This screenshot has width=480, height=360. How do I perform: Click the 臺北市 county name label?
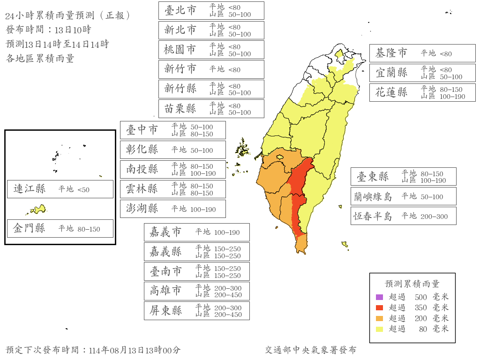point(180,10)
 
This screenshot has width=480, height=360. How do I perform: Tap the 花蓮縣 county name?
point(391,92)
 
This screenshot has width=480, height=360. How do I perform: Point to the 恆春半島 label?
point(373,216)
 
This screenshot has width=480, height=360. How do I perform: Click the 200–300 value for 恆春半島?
point(434,217)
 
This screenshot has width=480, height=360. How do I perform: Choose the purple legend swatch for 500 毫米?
point(380,297)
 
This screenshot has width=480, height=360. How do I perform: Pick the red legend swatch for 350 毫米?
point(380,307)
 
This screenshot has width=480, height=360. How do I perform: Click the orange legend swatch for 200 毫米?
point(380,318)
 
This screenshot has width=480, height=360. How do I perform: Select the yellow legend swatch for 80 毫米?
point(380,329)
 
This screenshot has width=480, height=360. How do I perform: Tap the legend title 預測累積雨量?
point(412,284)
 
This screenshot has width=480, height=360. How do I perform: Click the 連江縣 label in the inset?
point(30,189)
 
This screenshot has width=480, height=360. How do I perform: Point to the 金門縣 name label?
point(30,228)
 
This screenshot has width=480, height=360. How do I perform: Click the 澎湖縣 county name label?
point(142,209)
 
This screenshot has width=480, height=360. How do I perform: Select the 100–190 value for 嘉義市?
point(227,232)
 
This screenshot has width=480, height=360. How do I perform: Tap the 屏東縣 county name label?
point(166,311)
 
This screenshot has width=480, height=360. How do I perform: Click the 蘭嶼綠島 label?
point(373,196)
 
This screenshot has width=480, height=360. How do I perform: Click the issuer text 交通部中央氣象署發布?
point(310,350)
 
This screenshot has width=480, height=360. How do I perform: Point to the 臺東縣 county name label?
point(373,177)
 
